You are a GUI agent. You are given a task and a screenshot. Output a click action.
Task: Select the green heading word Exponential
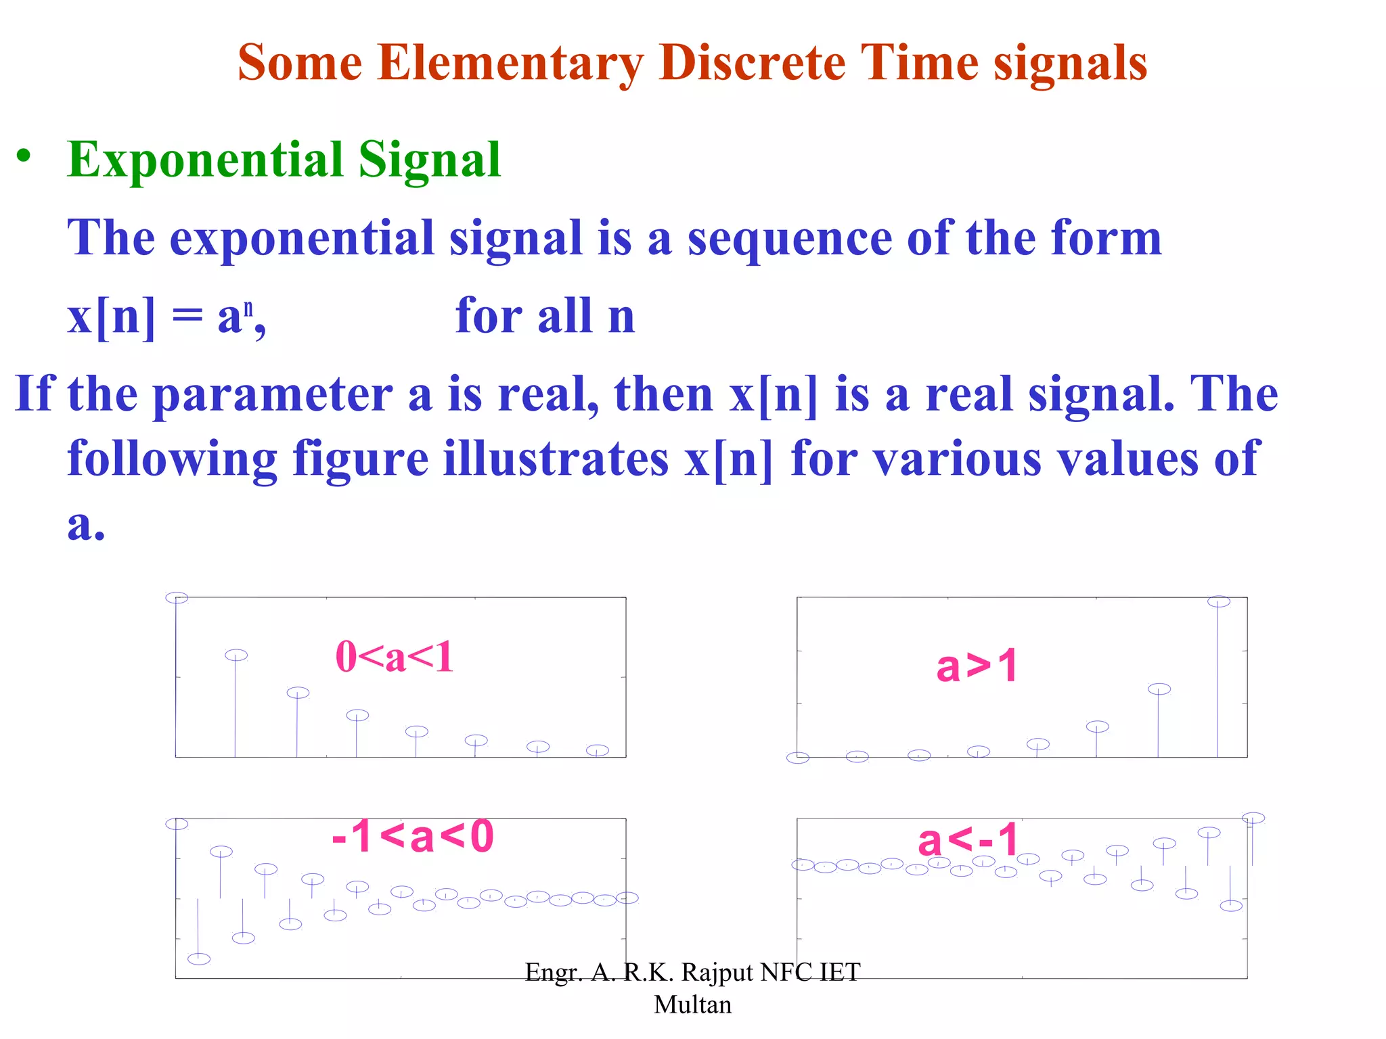pyautogui.click(x=204, y=160)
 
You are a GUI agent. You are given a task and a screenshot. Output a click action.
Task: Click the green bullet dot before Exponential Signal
pyautogui.click(x=24, y=156)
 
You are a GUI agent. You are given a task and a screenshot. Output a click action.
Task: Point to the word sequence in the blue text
pyautogui.click(x=789, y=239)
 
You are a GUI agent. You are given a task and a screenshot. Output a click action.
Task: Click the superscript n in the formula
pyautogui.click(x=249, y=308)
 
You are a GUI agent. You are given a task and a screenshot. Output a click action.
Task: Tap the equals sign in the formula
pyautogui.click(x=187, y=317)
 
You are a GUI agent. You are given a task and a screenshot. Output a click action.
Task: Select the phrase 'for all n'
pyautogui.click(x=545, y=316)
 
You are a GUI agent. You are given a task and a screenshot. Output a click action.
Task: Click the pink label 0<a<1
pyautogui.click(x=395, y=657)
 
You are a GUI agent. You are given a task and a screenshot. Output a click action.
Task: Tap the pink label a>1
pyautogui.click(x=977, y=666)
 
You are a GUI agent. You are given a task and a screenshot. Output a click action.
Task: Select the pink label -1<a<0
pyautogui.click(x=413, y=837)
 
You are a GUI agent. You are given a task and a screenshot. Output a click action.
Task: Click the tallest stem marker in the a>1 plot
pyautogui.click(x=1218, y=601)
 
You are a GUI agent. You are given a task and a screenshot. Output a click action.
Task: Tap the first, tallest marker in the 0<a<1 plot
pyautogui.click(x=177, y=598)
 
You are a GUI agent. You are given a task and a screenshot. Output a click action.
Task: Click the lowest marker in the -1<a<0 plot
pyautogui.click(x=199, y=959)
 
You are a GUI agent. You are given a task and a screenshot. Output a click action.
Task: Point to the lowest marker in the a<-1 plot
pyautogui.click(x=1231, y=906)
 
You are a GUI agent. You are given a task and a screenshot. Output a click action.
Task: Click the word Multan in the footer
pyautogui.click(x=692, y=1005)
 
